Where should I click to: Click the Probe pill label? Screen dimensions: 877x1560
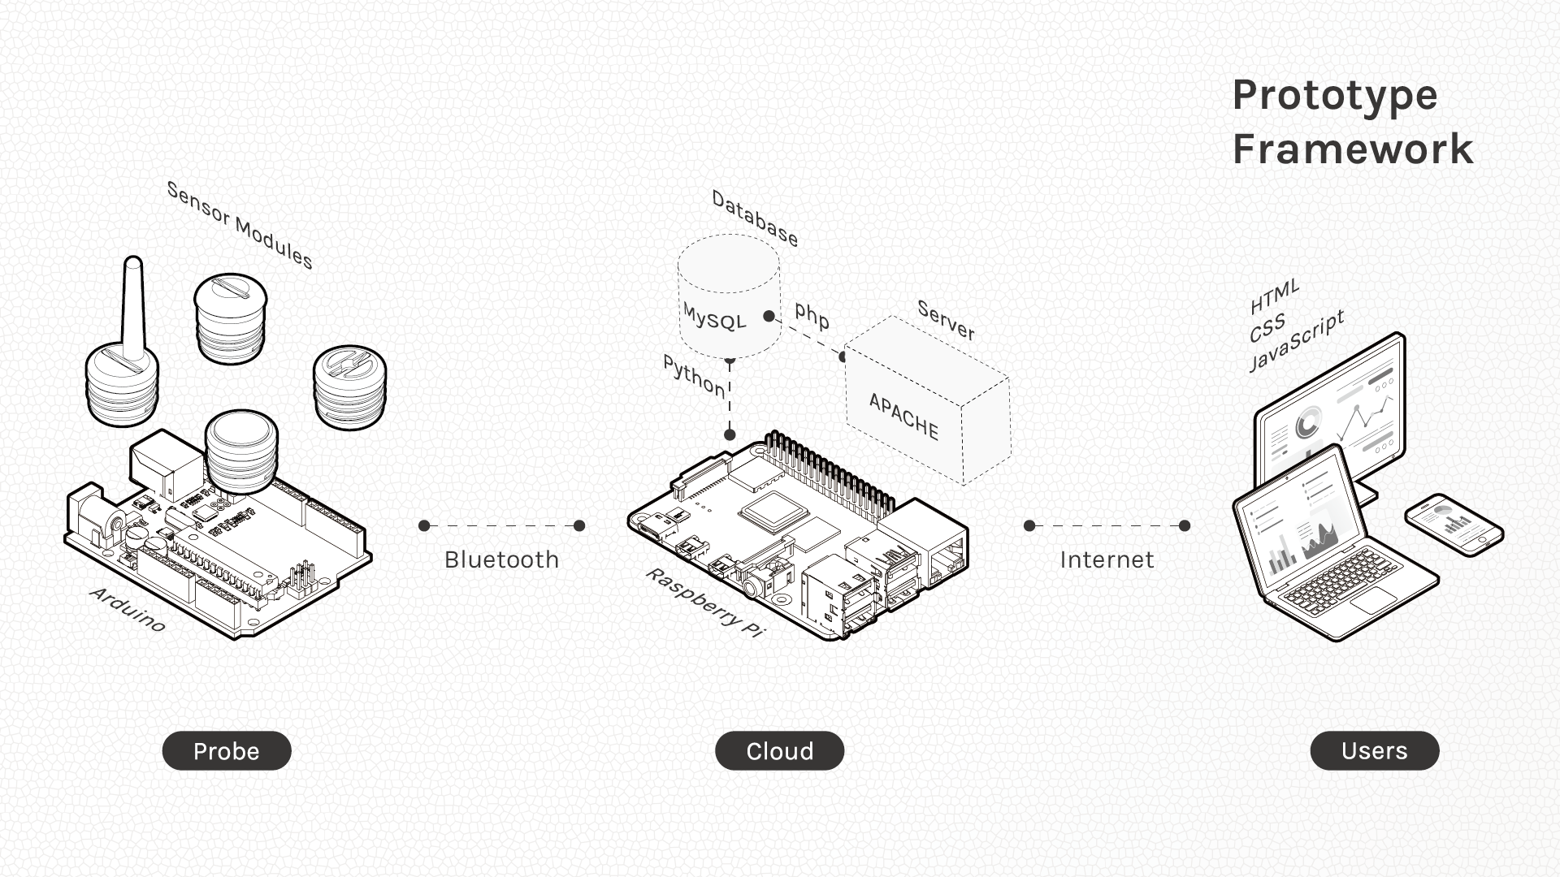pos(227,751)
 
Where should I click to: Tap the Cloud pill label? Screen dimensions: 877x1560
pos(779,751)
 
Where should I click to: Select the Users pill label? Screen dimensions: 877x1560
pos(1374,751)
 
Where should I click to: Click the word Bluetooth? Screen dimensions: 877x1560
pos(501,559)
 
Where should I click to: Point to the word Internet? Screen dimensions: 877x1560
pos(1107,559)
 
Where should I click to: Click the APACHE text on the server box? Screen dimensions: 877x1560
pos(903,417)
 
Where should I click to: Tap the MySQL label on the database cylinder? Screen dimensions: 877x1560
pos(714,316)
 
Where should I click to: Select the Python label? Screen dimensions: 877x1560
pos(694,376)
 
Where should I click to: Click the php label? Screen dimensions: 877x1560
pos(812,314)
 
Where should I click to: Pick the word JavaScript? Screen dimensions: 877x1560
pos(1296,341)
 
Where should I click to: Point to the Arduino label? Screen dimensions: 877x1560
pos(128,609)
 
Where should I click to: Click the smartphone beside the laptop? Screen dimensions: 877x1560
pos(1454,525)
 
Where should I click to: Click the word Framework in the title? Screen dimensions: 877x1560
pos(1352,149)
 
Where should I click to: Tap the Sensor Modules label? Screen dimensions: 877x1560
pos(240,225)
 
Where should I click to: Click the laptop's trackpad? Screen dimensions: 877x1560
pos(1374,599)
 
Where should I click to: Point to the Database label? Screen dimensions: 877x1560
pos(755,218)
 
